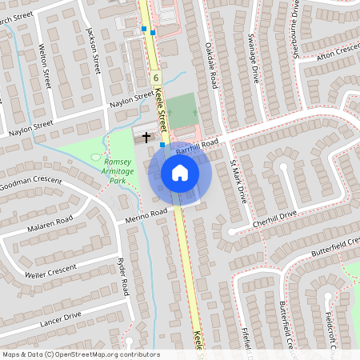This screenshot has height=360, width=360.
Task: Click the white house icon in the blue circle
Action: [x=180, y=173]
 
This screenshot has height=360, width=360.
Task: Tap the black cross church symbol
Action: [x=146, y=137]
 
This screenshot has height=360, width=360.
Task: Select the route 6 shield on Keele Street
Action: [x=155, y=78]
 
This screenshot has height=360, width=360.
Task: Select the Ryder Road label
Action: [x=124, y=275]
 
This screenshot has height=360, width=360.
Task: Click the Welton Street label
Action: [x=45, y=61]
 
